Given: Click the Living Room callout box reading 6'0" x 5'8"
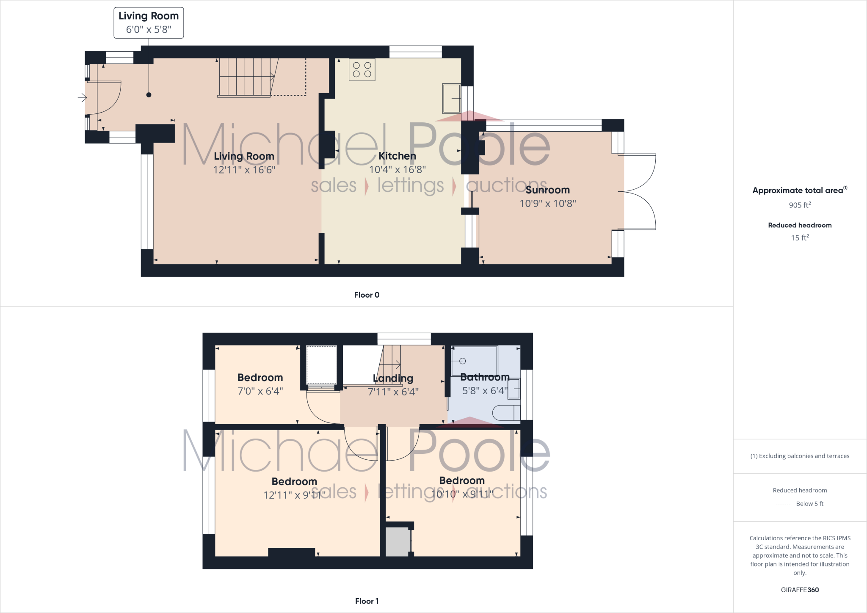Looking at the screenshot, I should tap(149, 22).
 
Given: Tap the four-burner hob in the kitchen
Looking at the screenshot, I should tap(362, 70).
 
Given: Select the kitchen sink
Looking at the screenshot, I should tap(451, 98).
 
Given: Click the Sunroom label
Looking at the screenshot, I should tap(547, 190).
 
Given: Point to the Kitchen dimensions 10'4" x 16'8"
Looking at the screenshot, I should tap(397, 170).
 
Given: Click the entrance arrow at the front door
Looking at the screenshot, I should tap(82, 98).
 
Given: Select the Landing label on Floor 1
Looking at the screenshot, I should tap(393, 378).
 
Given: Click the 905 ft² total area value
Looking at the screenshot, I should tap(800, 205).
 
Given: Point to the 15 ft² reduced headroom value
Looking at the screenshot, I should tap(800, 237).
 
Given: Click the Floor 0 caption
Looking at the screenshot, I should tap(367, 295).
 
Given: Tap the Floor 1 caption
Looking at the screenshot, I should tap(367, 601).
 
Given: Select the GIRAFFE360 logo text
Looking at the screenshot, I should tap(800, 590).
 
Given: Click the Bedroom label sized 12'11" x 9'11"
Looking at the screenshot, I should tap(294, 481).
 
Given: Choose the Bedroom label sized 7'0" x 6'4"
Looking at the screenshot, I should tap(260, 377).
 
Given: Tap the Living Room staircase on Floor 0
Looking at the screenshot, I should tap(245, 77).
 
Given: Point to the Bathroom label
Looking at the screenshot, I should tap(485, 377).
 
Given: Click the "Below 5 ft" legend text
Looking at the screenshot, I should tap(809, 504).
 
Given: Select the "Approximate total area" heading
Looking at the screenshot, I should tap(798, 191).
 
